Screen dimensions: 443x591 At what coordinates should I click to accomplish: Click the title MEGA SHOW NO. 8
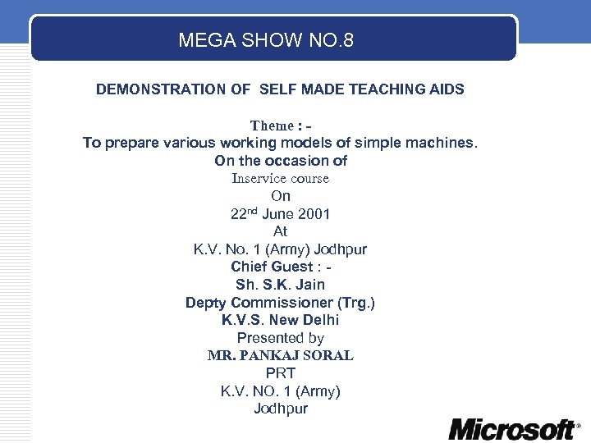pos(266,39)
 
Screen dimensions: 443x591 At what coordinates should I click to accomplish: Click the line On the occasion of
pos(281,161)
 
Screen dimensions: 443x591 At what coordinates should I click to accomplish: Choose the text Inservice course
pos(280,178)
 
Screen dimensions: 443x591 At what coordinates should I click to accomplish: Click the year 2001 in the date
pos(314,214)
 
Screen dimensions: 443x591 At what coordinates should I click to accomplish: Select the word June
pos(277,214)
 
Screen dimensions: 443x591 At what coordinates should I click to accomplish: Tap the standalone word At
pos(281,231)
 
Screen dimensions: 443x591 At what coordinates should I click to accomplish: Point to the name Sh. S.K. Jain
pos(280,285)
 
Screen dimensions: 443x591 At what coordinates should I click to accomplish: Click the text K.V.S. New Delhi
pos(280,320)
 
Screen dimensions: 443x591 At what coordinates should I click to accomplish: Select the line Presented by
pos(280,338)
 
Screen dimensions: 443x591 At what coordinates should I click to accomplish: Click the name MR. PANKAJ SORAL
pos(280,356)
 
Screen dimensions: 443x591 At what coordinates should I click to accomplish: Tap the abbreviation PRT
pos(280,373)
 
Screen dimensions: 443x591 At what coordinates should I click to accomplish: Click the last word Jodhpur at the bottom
pos(281,409)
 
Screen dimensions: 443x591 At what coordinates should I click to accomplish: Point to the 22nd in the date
pos(244,214)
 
